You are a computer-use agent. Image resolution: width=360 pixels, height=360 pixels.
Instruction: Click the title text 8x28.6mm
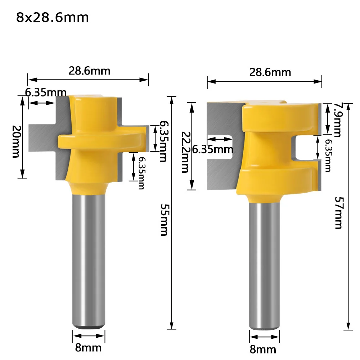[52, 17]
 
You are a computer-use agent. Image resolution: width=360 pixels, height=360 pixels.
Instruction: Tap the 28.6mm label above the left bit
[90, 71]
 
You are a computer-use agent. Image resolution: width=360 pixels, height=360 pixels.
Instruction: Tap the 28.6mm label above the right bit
[270, 72]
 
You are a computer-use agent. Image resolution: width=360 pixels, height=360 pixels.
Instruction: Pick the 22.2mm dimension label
[185, 152]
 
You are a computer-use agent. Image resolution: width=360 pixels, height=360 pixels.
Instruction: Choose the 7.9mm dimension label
[337, 120]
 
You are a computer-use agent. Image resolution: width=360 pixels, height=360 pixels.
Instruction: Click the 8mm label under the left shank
[89, 348]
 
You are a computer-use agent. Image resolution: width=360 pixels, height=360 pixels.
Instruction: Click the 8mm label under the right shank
[263, 350]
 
